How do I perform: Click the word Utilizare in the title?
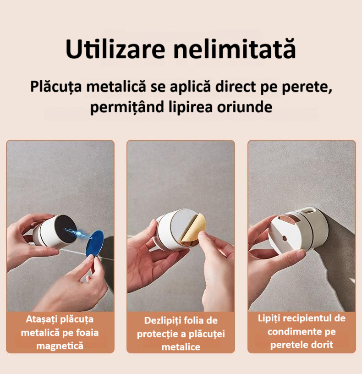[115, 49]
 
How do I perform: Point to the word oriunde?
[244, 107]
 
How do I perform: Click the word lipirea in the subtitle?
[191, 108]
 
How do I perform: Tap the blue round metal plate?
[94, 243]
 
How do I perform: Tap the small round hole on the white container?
[284, 238]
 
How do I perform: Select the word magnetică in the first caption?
[60, 346]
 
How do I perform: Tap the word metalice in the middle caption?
[181, 347]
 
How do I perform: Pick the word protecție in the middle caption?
[157, 334]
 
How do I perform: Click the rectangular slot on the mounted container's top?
[307, 211]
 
